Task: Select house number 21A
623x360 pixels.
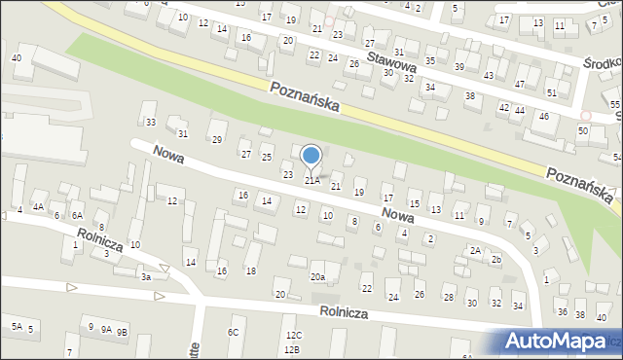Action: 311,181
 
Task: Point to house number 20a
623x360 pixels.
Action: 317,277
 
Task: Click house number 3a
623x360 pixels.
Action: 145,277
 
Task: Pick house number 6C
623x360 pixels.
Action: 234,333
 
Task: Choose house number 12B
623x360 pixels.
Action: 292,348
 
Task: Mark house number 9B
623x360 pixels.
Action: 121,332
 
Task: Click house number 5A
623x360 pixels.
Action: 17,326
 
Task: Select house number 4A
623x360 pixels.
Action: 38,207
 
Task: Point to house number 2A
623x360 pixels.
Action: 475,250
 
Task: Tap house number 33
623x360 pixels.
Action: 150,122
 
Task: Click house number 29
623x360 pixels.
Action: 217,140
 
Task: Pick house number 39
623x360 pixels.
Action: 459,65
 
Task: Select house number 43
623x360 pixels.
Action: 489,75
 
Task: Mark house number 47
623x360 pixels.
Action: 520,84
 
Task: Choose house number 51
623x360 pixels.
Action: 551,92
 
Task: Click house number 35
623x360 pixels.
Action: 430,60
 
